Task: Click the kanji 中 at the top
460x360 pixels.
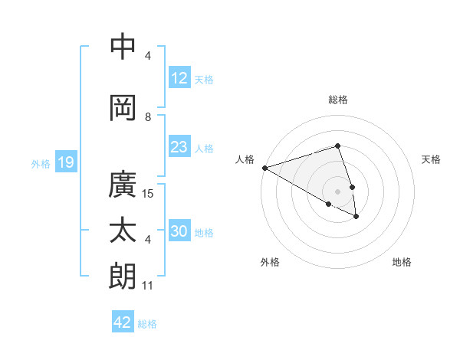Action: [123, 47]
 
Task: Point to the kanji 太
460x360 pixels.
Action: [123, 231]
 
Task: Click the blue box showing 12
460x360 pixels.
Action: [179, 77]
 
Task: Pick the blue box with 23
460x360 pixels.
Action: [179, 147]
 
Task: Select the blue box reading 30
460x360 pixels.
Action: [180, 231]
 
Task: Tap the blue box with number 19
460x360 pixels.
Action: [65, 162]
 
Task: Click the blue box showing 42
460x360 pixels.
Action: [123, 322]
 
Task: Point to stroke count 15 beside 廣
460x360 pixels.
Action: [149, 194]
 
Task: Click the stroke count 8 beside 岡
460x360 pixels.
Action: [149, 117]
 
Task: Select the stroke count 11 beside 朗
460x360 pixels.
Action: [148, 286]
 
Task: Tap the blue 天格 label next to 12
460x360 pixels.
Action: [204, 79]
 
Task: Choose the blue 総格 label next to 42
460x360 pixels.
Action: [147, 324]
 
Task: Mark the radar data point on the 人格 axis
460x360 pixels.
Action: [264, 168]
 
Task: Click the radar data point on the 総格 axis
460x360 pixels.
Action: [337, 146]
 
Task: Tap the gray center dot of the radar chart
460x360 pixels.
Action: [337, 191]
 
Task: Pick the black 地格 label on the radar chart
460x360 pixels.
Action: [402, 262]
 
